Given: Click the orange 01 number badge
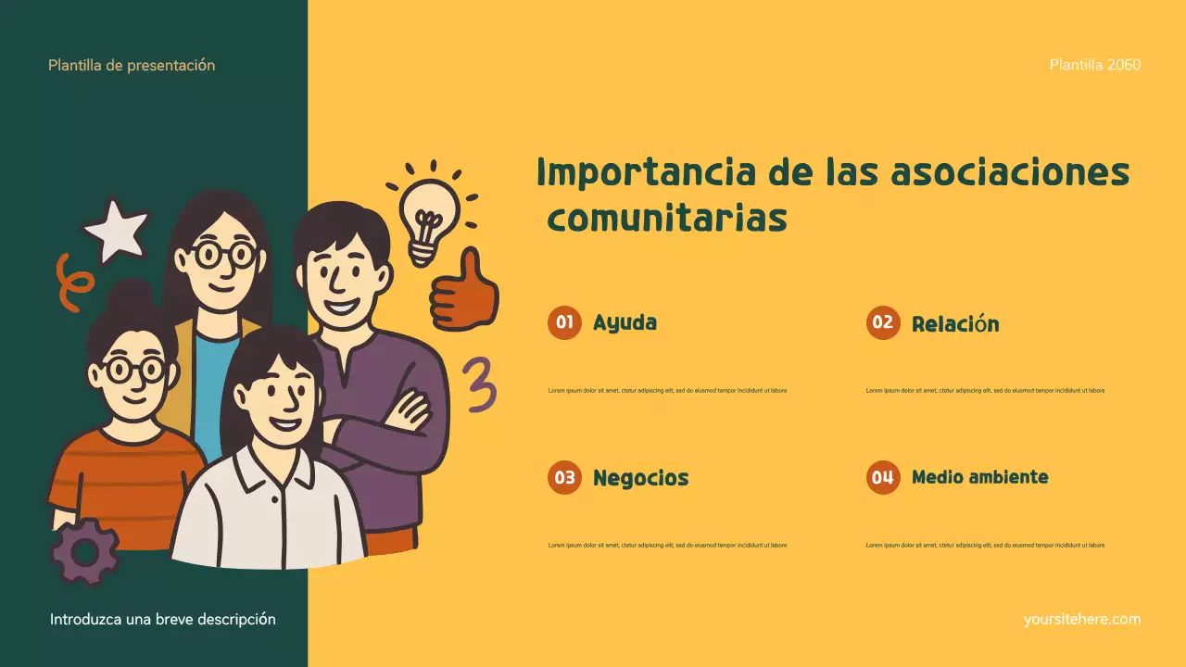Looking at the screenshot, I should (x=564, y=323).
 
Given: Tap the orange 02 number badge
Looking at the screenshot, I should (x=883, y=323).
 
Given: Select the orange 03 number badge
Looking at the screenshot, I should (x=564, y=478).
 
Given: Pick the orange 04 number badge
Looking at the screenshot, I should (x=883, y=478).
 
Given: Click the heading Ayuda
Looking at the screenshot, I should (x=625, y=323).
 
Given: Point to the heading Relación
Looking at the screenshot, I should (x=955, y=324).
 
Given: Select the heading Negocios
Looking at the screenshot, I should (x=640, y=478).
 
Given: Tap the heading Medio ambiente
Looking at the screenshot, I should (x=979, y=478).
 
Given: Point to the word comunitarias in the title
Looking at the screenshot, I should (x=667, y=219).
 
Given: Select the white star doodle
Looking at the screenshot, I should (x=117, y=230).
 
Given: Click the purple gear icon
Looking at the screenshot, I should (x=84, y=552).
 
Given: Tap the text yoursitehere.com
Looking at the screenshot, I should (x=1082, y=619).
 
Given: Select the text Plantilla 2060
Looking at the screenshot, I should (x=1095, y=65).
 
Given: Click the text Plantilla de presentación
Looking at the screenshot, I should (x=132, y=65).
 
